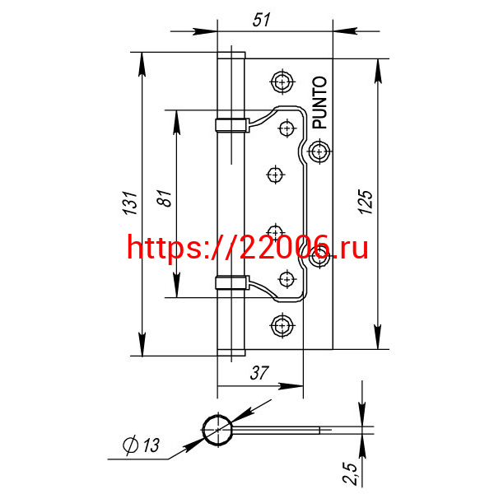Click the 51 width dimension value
pos(261,20)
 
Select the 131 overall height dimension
pos(130,203)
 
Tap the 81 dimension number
pos(165,198)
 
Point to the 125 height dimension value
pos(366,202)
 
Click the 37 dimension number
pos(259,373)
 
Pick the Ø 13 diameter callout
pos(141,445)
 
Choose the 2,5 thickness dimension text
pos(351,473)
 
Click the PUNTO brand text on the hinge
pos(319,103)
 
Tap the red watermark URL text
pos(247,248)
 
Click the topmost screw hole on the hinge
pos(282,82)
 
